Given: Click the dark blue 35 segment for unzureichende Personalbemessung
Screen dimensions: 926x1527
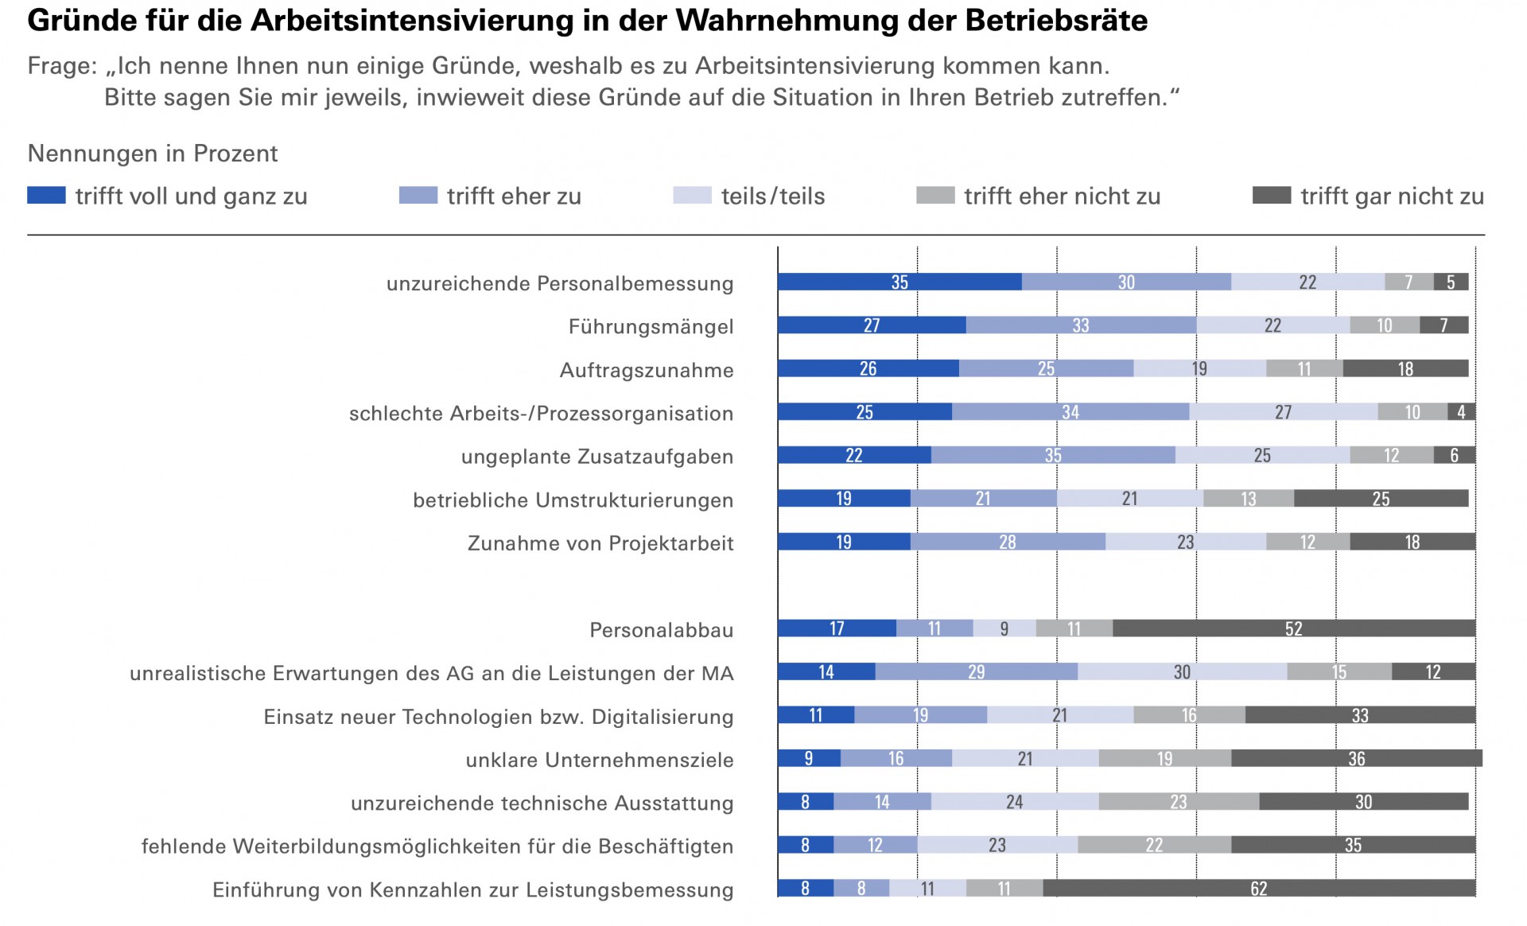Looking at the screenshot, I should click(899, 282).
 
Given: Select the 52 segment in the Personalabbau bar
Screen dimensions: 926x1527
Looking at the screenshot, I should click(1294, 628).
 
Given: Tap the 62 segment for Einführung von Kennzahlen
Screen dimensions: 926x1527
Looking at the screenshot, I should click(1259, 889).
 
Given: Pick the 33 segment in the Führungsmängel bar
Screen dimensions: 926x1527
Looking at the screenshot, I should click(1081, 325).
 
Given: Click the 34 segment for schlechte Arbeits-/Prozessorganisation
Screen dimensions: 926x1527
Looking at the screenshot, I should click(1070, 411).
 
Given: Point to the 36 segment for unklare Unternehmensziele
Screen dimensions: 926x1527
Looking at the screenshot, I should click(1357, 758).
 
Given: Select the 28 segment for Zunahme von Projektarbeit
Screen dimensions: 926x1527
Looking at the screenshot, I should click(1008, 542).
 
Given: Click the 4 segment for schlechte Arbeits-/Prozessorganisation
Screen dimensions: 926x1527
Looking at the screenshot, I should click(1462, 411).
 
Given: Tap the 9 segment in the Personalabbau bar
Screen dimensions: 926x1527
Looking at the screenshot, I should click(1004, 628).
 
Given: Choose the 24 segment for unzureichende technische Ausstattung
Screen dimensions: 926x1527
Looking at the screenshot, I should click(1015, 802).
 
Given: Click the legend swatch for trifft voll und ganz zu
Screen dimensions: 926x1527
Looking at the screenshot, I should click(46, 196).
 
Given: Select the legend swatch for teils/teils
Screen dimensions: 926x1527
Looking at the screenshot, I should click(692, 196).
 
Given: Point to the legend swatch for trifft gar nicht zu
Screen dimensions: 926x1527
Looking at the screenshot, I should click(1271, 196).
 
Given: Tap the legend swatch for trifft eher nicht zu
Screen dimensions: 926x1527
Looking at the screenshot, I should click(935, 196).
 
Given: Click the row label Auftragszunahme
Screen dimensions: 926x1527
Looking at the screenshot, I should click(647, 370).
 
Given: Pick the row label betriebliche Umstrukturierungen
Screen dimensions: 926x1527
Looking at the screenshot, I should click(573, 500).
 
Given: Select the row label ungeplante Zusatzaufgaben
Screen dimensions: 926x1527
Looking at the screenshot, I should click(597, 457).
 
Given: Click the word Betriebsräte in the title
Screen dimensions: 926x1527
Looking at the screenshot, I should click(1056, 21).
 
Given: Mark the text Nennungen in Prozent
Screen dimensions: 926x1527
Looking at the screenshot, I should click(153, 154).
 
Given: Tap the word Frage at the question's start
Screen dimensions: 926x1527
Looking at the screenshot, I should click(60, 66).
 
